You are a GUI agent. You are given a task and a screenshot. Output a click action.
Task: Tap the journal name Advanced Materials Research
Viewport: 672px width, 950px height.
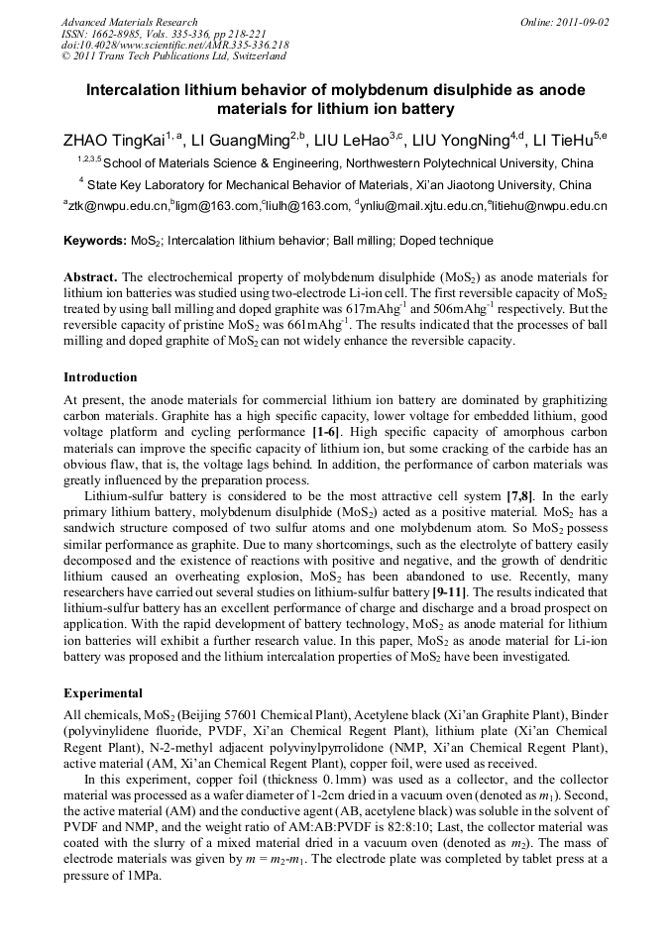pos(129,21)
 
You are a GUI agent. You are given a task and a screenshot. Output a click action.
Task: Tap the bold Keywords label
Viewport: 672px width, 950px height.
pos(94,241)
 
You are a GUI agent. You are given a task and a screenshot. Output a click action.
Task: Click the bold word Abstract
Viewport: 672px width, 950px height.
pos(91,276)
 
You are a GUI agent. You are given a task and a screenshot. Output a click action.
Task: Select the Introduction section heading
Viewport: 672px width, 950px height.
pos(100,377)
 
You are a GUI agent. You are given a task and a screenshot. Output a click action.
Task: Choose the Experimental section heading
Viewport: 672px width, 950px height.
pos(103,692)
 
